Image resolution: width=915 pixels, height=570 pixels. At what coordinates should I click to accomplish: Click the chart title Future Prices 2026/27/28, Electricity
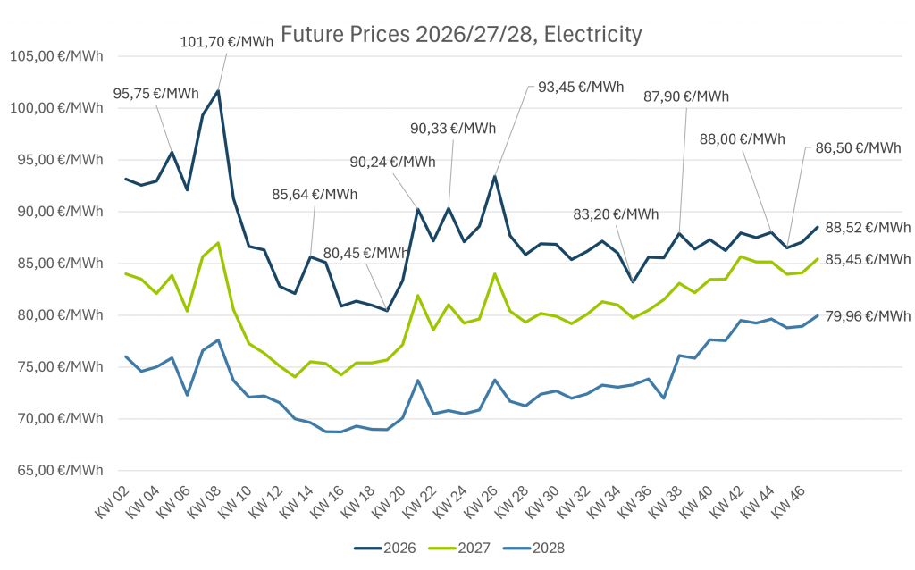[461, 35]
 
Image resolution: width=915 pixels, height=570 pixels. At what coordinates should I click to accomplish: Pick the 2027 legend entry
[460, 549]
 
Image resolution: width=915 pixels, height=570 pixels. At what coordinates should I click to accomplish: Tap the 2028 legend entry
[535, 549]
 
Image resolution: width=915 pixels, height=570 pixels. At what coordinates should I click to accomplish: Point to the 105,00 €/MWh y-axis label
[56, 56]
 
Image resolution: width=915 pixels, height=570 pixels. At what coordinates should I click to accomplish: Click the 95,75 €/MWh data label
[156, 94]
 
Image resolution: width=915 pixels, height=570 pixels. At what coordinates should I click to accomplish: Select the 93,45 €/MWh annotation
[581, 87]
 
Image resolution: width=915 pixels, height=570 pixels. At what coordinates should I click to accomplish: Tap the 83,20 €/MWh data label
[617, 214]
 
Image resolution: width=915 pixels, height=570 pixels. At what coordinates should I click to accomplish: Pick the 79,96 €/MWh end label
[868, 315]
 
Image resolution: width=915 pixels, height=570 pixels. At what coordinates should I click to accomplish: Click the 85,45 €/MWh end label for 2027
[868, 259]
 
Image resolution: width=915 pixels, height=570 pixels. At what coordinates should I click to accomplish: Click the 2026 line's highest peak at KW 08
[218, 90]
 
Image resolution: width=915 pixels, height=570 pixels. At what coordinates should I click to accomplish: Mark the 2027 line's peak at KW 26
[494, 274]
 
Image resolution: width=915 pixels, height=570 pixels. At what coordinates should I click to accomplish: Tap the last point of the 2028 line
[817, 315]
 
